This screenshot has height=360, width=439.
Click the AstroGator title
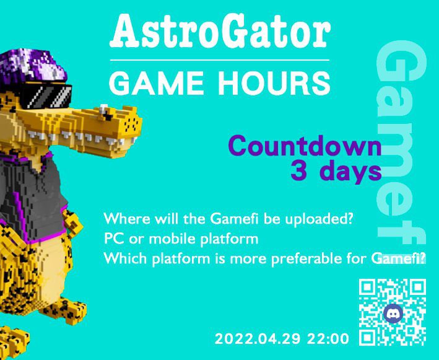coord(219,32)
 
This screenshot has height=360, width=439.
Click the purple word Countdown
coord(304,147)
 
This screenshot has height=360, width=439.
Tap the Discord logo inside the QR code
coord(392,313)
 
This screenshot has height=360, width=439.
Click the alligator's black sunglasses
coord(46,97)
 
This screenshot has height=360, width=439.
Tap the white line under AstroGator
coord(219,59)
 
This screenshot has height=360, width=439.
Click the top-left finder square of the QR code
coord(367,288)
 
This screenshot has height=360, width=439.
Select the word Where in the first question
coord(123,219)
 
